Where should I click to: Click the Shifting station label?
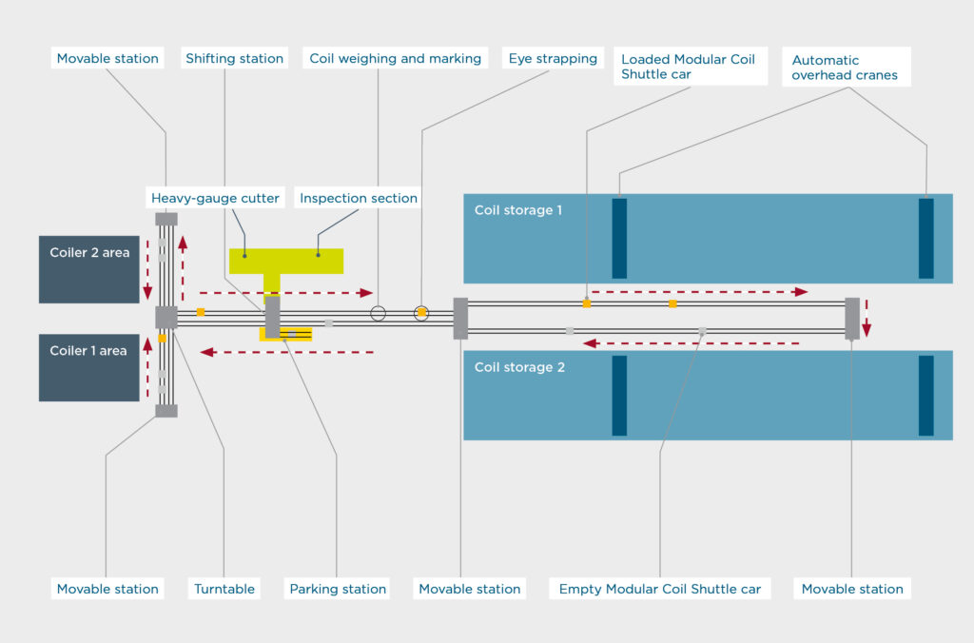click(234, 58)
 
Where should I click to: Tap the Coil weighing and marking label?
click(395, 58)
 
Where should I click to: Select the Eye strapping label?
click(553, 58)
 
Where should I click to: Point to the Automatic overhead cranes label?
click(846, 68)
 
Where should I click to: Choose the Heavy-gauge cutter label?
click(215, 198)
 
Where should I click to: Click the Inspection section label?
click(358, 198)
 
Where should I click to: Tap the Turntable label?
click(224, 589)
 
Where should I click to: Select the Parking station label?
click(338, 589)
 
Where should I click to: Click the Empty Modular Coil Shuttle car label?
click(660, 589)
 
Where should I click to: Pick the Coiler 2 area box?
click(88, 269)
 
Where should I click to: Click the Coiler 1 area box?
click(88, 368)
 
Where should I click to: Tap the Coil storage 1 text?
click(518, 210)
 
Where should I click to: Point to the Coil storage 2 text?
click(519, 367)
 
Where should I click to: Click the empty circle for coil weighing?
click(378, 313)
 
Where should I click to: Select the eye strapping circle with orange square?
click(421, 313)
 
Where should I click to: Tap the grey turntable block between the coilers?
click(166, 317)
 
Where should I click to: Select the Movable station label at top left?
click(107, 58)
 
